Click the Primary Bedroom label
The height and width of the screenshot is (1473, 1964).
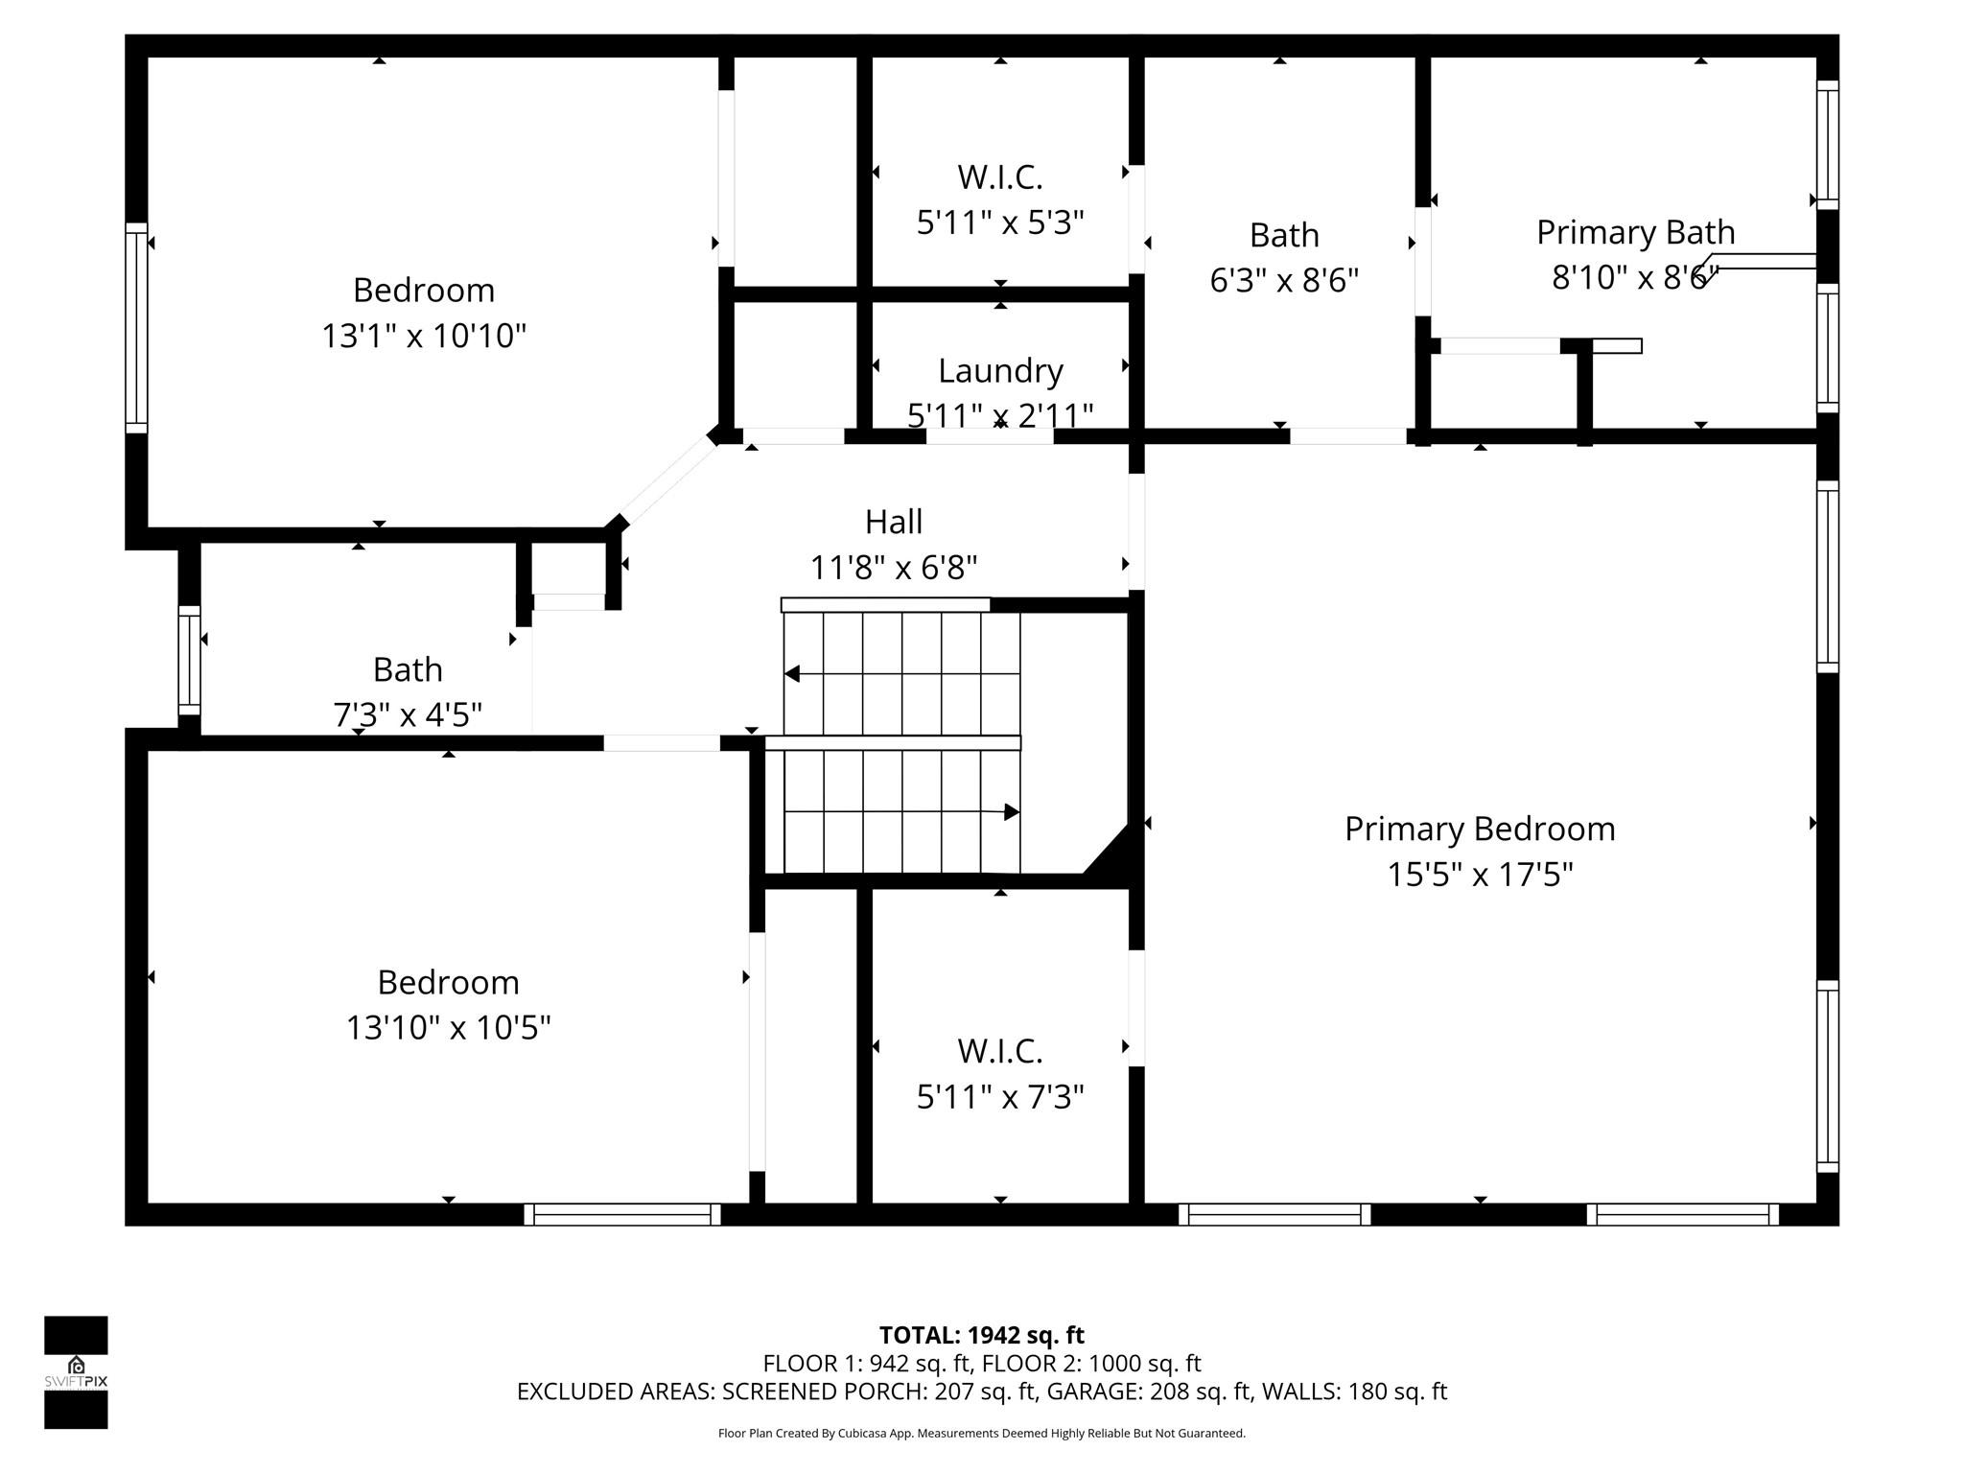1480,829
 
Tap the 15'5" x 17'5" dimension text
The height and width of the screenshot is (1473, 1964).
1480,875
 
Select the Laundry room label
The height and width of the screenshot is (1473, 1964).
1000,370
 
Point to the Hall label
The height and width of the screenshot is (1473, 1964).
894,522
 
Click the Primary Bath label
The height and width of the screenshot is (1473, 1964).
1636,232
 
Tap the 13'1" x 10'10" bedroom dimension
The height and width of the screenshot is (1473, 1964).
424,336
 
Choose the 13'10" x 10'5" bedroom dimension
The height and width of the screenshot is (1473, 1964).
448,1027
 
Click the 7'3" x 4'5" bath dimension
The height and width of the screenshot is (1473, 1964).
408,714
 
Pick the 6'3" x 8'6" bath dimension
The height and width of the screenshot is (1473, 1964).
1284,280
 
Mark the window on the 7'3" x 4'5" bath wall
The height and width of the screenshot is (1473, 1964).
190,660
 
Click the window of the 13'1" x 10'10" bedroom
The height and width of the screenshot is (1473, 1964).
136,328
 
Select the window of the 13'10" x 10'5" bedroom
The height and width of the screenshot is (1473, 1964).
622,1214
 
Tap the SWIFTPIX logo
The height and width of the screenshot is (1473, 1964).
76,1372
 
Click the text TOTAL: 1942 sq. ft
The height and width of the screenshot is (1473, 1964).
982,1335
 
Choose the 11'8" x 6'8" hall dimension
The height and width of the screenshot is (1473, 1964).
894,568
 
